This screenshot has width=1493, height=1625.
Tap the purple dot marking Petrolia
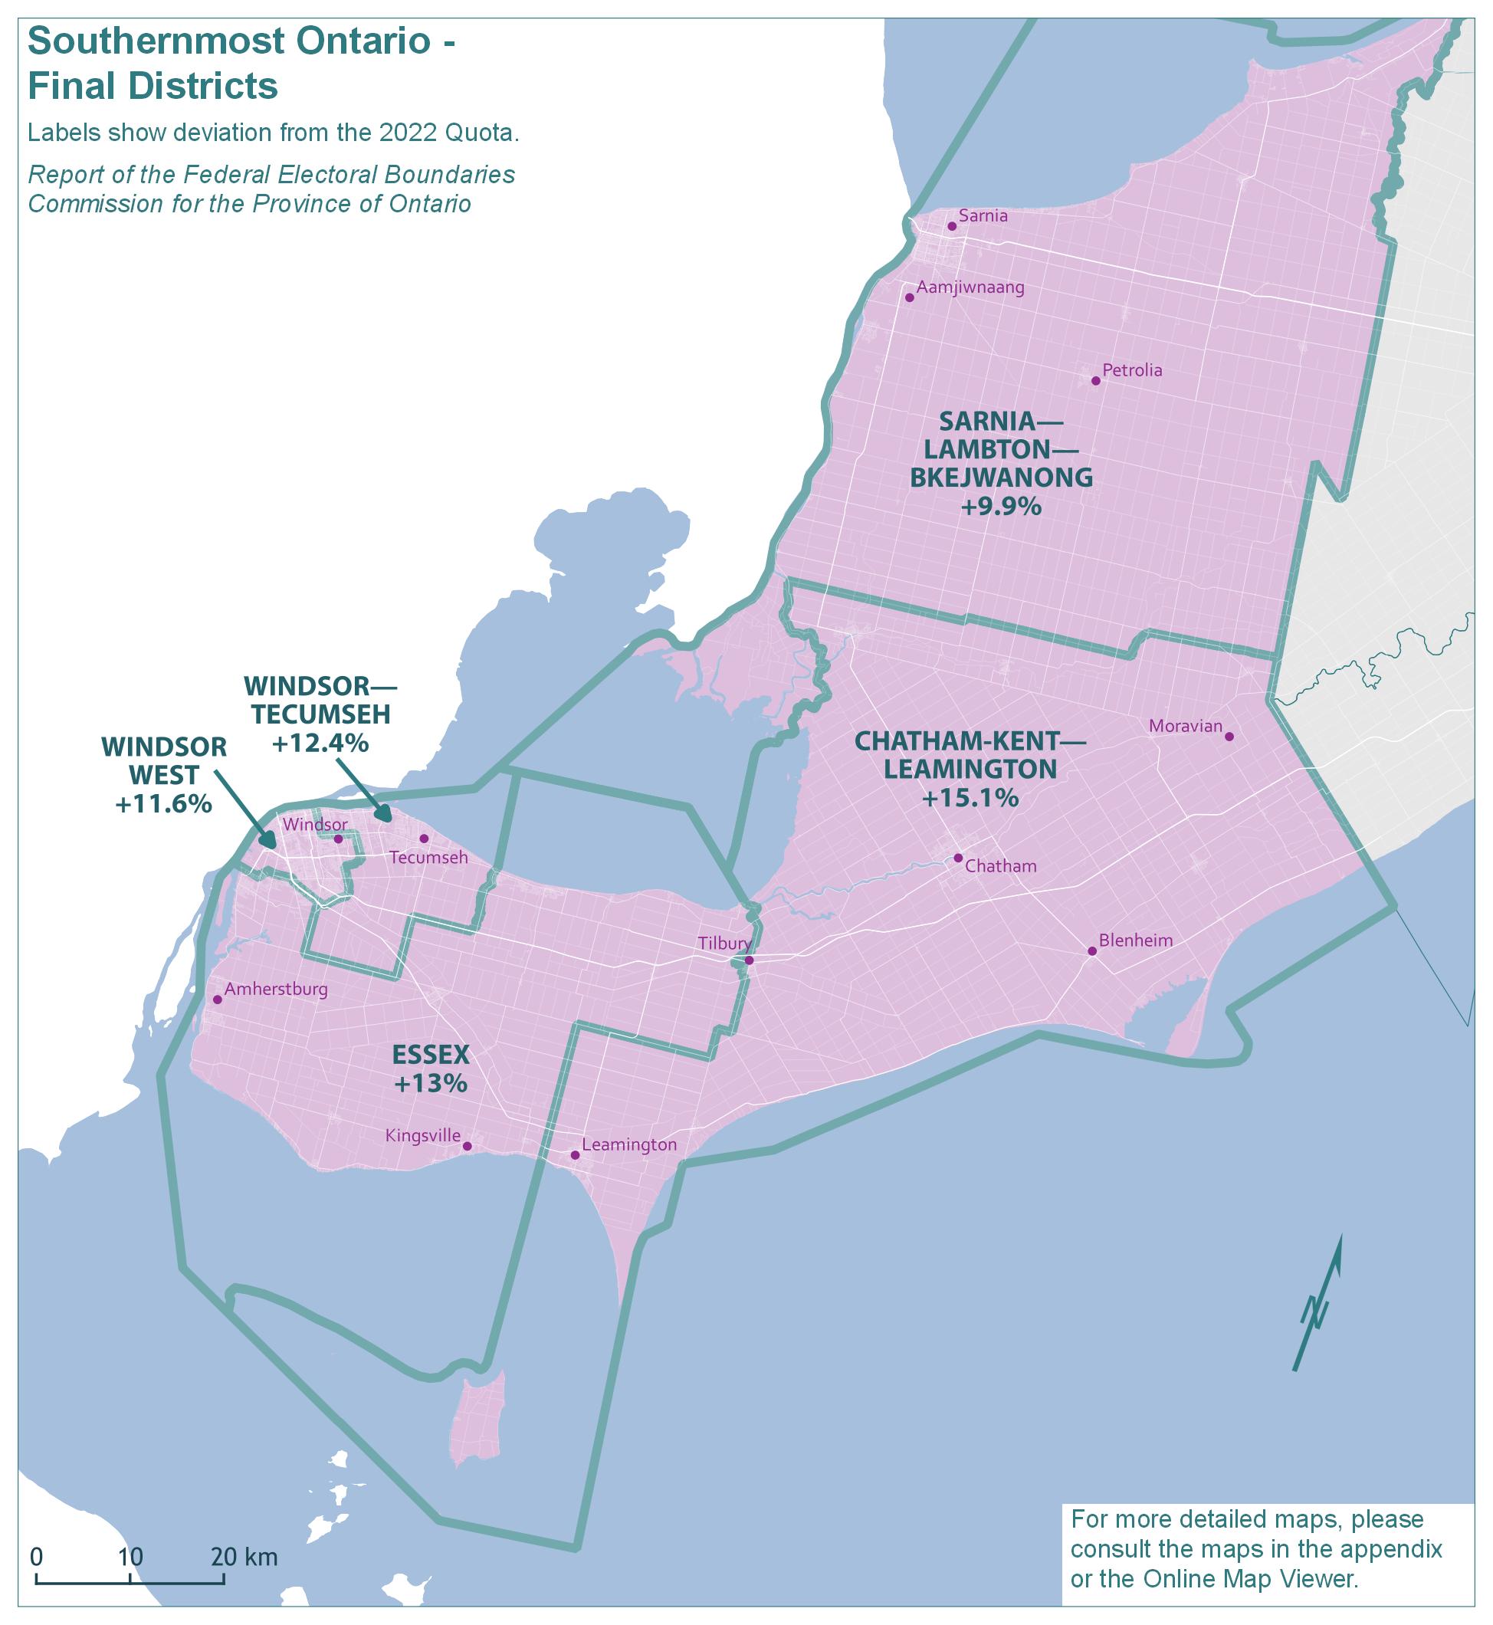coord(1095,381)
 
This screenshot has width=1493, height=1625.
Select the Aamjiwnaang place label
coord(970,287)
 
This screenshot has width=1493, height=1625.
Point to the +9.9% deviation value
coord(1001,507)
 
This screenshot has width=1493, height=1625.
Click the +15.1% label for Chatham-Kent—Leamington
coord(970,799)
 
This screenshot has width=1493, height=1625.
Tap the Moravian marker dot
coord(1229,736)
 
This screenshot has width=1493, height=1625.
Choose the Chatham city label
coord(1000,866)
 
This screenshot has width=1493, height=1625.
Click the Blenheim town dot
coord(1091,951)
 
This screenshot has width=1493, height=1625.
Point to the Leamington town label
coord(628,1144)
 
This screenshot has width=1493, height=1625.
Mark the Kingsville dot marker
coord(467,1146)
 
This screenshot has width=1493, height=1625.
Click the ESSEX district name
coord(431,1054)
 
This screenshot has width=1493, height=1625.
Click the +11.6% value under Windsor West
coord(163,804)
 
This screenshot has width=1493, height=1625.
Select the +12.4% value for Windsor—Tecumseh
coord(320,743)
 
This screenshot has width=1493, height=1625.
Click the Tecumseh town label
coord(428,858)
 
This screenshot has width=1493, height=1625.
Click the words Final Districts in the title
coord(153,86)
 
